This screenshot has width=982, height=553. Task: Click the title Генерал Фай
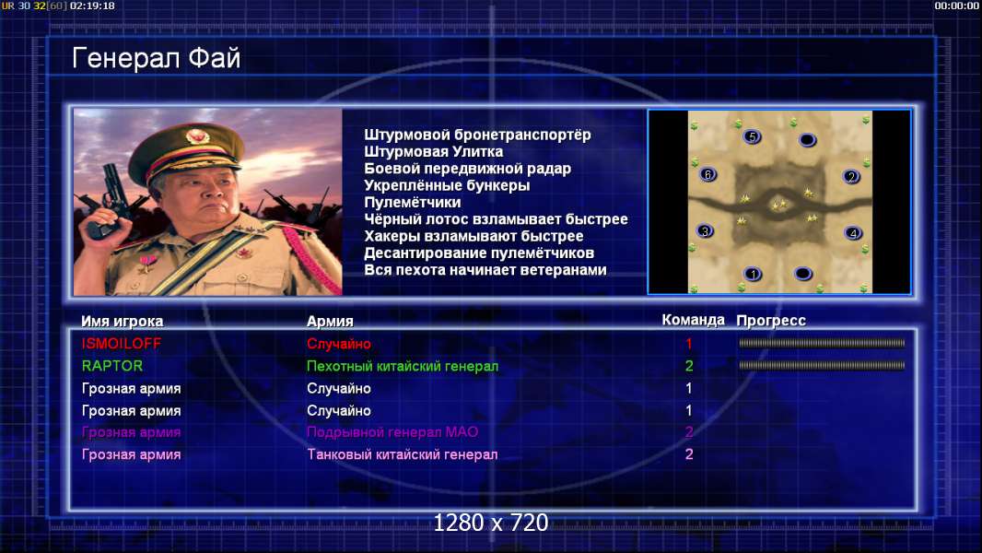tap(156, 58)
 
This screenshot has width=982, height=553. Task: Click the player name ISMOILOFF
tap(122, 343)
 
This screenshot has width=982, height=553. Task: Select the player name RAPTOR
tap(112, 366)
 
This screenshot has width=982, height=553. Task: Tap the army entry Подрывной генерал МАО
tap(392, 432)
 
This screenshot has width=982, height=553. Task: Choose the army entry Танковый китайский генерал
tap(402, 454)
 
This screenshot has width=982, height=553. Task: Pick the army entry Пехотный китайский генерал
tap(402, 366)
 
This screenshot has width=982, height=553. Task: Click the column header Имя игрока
tap(123, 322)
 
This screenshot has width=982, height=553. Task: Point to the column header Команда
tap(693, 320)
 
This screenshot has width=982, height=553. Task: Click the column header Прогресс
tap(771, 321)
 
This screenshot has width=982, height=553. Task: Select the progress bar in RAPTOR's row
tap(822, 365)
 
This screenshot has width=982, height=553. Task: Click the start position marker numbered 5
tap(752, 136)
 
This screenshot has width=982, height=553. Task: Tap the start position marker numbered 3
tap(706, 231)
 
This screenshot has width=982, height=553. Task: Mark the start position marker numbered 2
tap(851, 177)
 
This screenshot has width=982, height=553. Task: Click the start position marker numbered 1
tap(753, 274)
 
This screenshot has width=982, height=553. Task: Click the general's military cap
tap(186, 150)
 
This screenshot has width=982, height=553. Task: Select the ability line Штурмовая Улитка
tap(433, 151)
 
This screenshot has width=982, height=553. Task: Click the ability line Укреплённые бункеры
tap(447, 185)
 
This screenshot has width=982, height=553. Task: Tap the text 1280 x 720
tap(490, 523)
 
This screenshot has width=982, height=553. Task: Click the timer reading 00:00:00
tap(956, 6)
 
